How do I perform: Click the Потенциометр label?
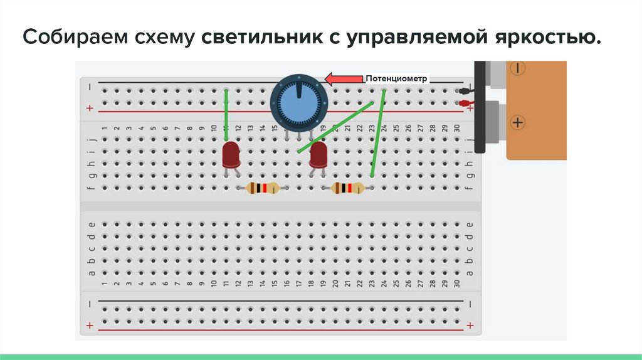pos(396,79)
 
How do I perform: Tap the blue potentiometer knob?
pos(298,101)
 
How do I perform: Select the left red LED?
pos(231,154)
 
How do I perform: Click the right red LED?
pos(318,154)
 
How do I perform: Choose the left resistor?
pos(263,188)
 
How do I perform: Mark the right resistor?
pos(347,188)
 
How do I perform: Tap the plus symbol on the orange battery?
pos(517,122)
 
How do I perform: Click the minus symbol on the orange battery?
pos(519,68)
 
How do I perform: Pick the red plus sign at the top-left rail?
pos(90,109)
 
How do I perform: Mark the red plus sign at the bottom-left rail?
pos(90,326)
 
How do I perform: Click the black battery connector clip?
pos(481,107)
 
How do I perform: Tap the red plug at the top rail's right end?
pos(465,103)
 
